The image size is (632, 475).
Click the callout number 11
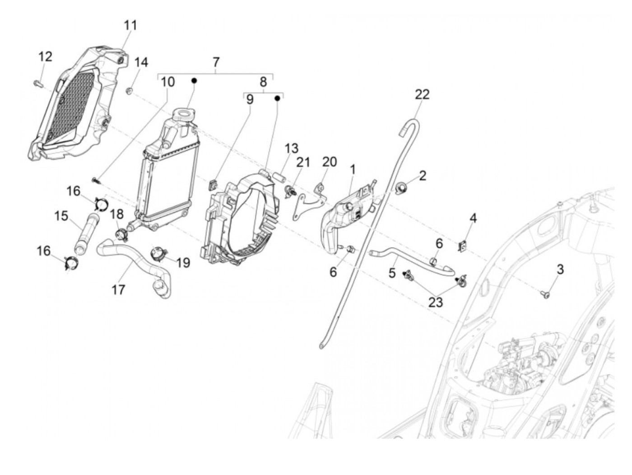130,25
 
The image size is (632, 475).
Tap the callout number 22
422,94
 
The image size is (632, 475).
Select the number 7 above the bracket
216,61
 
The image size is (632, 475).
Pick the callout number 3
560,270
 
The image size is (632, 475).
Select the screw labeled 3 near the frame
545,294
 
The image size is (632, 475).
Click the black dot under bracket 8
278,98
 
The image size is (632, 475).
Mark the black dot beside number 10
194,80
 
